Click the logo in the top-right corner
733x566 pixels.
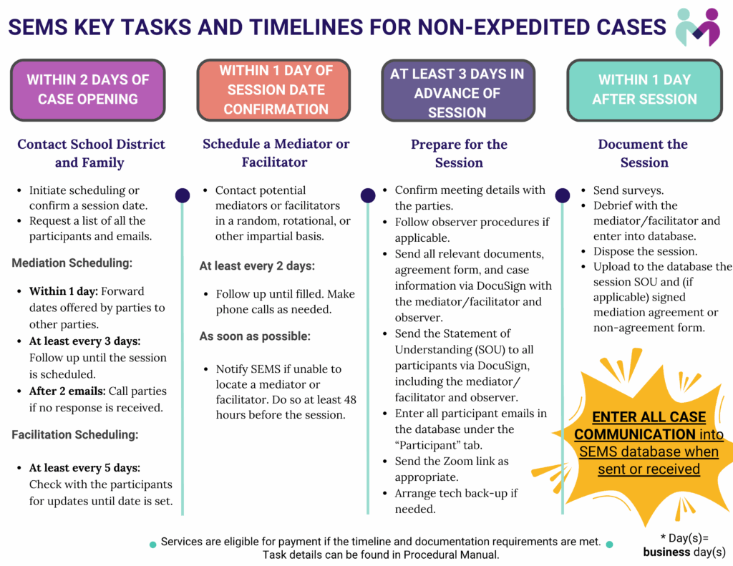click(698, 27)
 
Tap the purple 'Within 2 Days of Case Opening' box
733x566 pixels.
click(87, 89)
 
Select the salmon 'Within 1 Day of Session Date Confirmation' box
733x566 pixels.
click(276, 89)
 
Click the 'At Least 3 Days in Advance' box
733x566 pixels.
click(457, 92)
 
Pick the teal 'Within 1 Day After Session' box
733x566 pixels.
click(644, 89)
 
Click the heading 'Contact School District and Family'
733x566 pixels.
click(91, 153)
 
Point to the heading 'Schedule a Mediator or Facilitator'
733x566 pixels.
click(276, 153)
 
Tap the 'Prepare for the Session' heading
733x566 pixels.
click(459, 153)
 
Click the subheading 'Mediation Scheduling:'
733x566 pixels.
click(72, 263)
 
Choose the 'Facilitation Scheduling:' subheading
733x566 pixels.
click(74, 434)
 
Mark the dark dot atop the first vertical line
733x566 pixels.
click(183, 195)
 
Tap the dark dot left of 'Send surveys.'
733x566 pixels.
click(563, 195)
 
